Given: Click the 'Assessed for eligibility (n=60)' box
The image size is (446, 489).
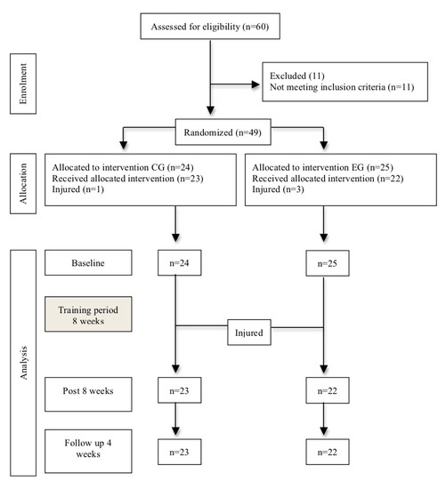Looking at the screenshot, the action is (210, 26).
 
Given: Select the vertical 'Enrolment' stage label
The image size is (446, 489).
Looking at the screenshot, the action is (23, 84).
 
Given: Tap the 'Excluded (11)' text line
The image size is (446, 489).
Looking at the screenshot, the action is (297, 76).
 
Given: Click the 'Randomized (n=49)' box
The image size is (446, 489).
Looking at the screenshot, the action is (223, 132).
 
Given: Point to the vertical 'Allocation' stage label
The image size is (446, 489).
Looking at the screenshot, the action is (23, 183).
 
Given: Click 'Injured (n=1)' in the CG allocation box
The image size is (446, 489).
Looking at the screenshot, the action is (77, 189).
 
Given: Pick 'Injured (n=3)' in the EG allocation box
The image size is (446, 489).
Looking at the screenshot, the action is (278, 189).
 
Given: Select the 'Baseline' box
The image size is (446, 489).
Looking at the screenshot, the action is (88, 262).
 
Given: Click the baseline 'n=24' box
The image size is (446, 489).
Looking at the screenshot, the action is (179, 262).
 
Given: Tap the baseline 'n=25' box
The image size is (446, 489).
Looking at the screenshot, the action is (328, 263).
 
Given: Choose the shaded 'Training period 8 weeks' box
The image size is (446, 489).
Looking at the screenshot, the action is (88, 314).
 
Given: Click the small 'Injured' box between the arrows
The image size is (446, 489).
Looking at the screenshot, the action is (249, 333).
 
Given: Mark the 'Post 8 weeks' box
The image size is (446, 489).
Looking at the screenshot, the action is (88, 394).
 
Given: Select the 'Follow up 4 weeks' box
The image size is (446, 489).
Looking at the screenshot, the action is (88, 452).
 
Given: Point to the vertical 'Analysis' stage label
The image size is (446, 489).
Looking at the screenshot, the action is (23, 363).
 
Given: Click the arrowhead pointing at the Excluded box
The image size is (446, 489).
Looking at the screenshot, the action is (255, 84).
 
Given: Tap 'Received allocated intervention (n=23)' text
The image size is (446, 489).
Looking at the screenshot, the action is (127, 179).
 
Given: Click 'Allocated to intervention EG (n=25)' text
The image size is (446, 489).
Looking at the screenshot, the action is (322, 167).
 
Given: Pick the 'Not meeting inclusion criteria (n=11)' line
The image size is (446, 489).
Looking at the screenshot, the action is (342, 87).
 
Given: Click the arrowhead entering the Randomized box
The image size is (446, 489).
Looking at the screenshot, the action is (210, 110).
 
